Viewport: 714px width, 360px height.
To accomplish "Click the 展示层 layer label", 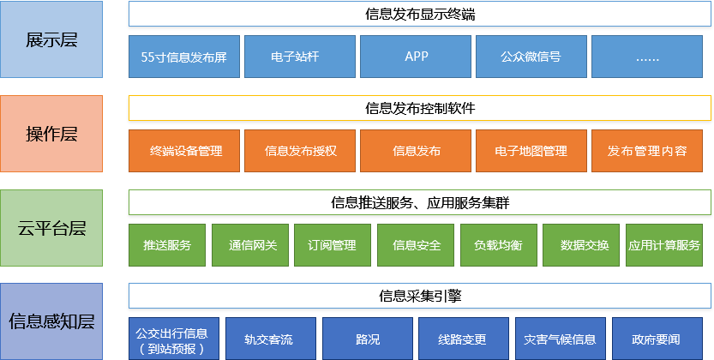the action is point(51,39).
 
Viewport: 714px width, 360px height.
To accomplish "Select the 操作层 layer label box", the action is point(51,134).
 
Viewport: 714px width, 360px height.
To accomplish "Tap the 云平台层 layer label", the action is point(51,228).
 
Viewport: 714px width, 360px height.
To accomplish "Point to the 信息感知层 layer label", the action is point(51,321).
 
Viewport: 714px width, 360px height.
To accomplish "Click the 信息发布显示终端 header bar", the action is point(420,14).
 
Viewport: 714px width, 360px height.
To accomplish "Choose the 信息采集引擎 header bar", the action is point(420,296).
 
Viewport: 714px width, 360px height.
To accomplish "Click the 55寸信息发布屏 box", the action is point(184,57).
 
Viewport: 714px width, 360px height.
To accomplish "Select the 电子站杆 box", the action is point(300,57).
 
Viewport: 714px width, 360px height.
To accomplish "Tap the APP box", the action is point(416,57).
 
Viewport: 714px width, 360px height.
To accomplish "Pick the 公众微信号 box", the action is point(531,57).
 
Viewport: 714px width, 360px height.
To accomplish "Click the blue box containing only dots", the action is point(647,57).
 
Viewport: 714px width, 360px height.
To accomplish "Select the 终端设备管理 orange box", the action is point(184,151).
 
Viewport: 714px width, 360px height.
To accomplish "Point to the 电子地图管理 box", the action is point(531,151).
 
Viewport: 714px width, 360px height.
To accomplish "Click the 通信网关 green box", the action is point(250,245).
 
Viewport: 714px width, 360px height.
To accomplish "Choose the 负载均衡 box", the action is point(499,245).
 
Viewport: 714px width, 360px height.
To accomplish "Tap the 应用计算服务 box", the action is point(664,245).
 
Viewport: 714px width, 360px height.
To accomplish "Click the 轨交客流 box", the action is point(271,339).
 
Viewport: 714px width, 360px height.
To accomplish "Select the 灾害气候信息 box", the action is point(561,339).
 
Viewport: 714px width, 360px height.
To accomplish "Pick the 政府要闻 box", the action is point(657,339).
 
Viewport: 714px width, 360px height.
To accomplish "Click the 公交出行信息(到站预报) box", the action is point(174,339).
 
